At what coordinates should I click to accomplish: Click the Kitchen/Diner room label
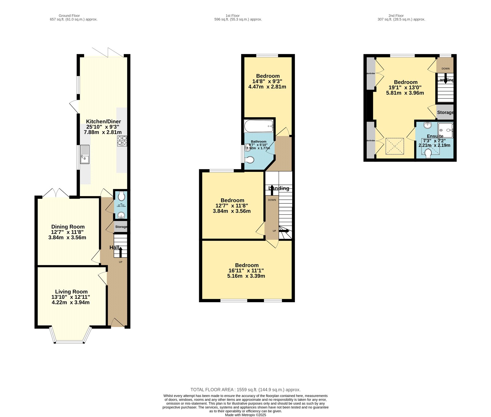tap(103, 122)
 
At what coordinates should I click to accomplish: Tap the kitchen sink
tap(85, 154)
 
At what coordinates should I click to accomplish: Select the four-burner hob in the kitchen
tap(122, 141)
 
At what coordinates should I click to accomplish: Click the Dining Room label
tap(68, 227)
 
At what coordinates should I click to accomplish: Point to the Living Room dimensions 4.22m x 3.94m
tap(71, 302)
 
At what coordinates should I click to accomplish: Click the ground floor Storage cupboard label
tap(121, 227)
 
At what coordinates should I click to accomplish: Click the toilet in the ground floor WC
tap(122, 196)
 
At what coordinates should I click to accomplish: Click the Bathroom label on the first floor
tap(258, 141)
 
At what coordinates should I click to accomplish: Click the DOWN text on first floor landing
tap(272, 200)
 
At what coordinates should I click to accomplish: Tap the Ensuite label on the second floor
tap(435, 136)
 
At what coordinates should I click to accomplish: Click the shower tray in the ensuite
tap(445, 130)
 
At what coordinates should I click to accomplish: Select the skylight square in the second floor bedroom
tap(395, 146)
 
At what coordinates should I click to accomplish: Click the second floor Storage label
tap(445, 112)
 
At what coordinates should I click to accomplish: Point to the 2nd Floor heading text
tap(396, 16)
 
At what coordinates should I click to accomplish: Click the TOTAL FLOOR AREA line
tap(245, 390)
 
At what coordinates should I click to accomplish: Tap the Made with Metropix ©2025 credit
tap(245, 415)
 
